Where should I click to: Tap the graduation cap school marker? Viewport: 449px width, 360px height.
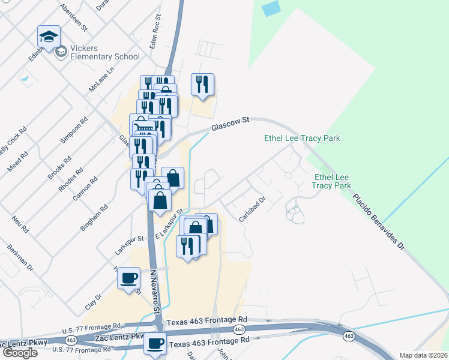[x=48, y=37]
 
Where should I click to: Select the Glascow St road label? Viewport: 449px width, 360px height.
[x=229, y=125]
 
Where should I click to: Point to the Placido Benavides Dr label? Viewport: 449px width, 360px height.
[x=379, y=221]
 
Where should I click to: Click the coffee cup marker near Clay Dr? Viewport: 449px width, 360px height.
[x=129, y=279]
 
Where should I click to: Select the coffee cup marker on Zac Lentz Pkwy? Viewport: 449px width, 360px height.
[x=155, y=343]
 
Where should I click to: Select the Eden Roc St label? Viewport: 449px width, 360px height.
[x=155, y=34]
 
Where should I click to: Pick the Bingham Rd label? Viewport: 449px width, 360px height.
[x=94, y=218]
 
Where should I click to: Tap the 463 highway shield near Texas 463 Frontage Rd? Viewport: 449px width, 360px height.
[x=240, y=329]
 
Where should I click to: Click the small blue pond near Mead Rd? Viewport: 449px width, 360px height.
[x=25, y=77]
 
